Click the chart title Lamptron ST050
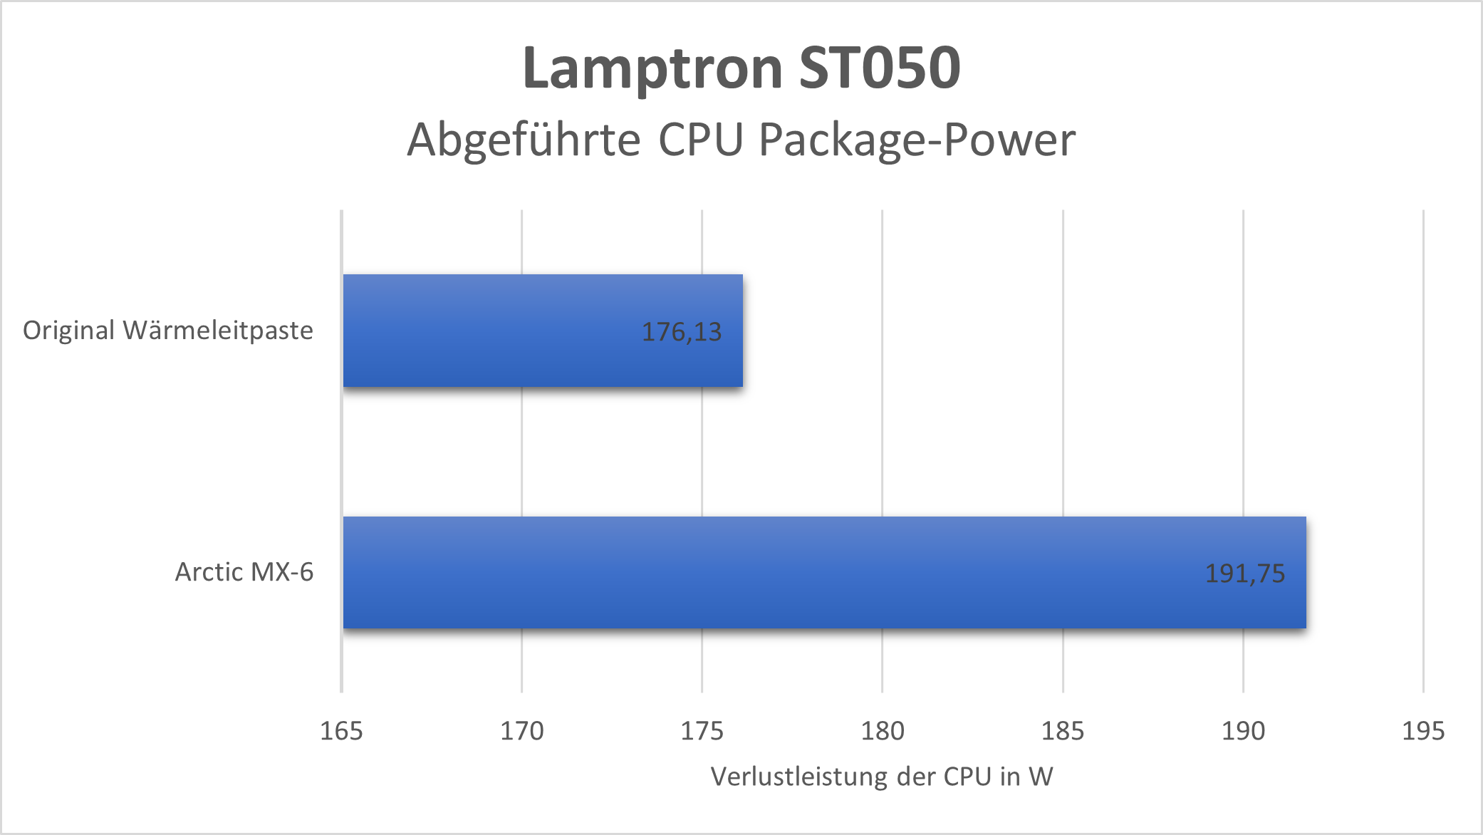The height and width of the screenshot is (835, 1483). pos(741,68)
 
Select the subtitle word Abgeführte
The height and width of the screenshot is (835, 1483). pos(524,140)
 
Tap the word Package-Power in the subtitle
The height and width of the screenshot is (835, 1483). pos(917,140)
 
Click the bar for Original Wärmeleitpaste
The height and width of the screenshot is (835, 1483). pos(542,331)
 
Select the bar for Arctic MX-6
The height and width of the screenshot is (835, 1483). pos(824,572)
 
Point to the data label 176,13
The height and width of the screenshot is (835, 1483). pos(682,332)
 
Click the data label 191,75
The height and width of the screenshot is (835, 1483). pos(1244,574)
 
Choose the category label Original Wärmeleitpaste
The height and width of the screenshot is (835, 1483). pos(168,331)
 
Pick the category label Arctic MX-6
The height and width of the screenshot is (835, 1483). pos(244,572)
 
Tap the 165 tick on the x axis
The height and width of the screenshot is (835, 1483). pos(341,731)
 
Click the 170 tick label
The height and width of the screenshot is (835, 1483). pos(521,731)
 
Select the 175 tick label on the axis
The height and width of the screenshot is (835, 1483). pos(702,731)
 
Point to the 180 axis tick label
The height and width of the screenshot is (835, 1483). pos(883,731)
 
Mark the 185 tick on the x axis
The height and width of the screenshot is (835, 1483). pos(1063,731)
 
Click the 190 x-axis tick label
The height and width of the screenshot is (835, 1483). pos(1243,731)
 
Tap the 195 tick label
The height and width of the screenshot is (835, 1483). pos(1423,731)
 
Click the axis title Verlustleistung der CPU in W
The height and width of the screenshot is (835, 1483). pos(882,777)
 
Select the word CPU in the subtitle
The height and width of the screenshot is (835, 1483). pos(701,140)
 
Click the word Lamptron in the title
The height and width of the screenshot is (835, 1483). pos(652,68)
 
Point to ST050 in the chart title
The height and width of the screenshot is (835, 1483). pos(880,68)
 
